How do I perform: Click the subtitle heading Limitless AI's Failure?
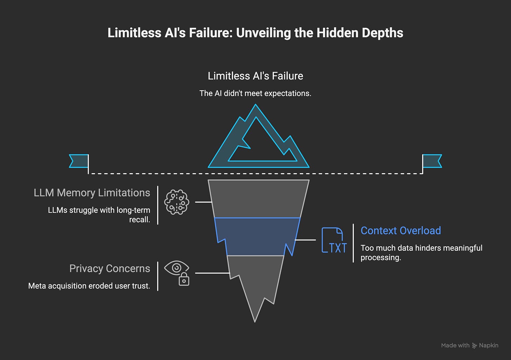[x=255, y=76]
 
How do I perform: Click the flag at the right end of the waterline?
[x=432, y=161]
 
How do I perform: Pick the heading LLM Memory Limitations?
[x=92, y=193]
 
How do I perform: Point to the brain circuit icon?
[x=177, y=202]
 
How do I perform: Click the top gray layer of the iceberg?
[x=258, y=198]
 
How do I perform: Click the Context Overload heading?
[x=400, y=231]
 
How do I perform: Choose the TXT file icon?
[x=334, y=241]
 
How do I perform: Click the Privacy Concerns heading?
[x=109, y=269]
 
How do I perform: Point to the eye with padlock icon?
[x=177, y=273]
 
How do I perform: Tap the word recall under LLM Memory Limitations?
[x=139, y=220]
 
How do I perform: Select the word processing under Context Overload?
[x=380, y=257]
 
